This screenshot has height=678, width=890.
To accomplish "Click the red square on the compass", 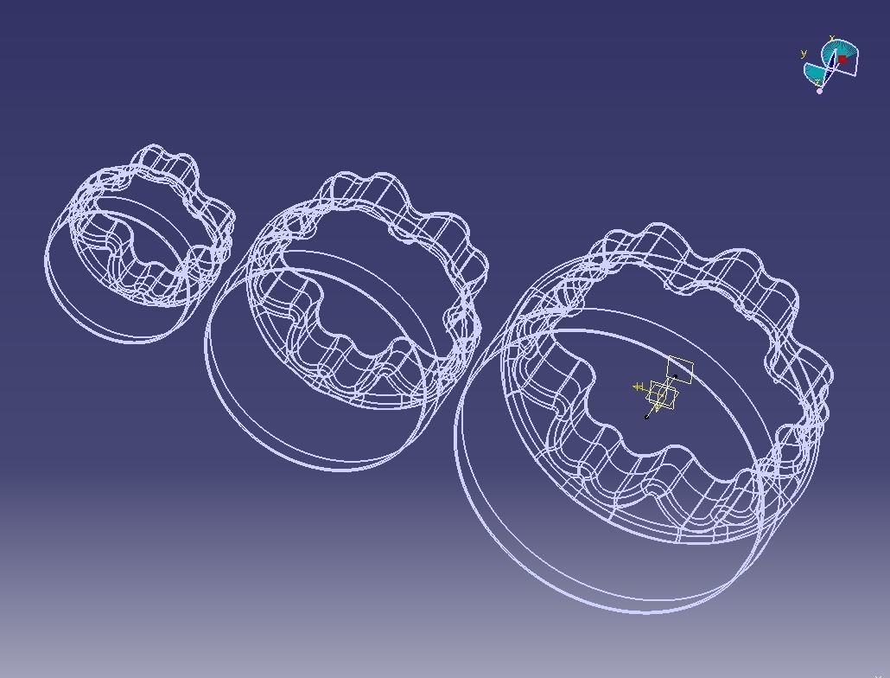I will point(842,60).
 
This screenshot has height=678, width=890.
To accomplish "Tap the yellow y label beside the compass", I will point(804,54).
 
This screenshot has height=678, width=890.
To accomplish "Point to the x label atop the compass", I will point(831,39).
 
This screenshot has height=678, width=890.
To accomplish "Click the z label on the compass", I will point(817,82).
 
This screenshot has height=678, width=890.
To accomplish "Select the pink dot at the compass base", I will point(820,91).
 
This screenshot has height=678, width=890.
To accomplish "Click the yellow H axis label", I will point(639,387).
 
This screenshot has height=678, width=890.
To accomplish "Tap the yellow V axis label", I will point(657,406).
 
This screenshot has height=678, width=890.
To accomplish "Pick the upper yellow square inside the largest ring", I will point(680,370).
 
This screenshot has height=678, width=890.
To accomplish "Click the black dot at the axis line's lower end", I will point(646,417).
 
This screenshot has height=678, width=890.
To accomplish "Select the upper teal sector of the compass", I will point(843,48).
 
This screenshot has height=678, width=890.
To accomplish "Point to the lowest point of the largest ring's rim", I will point(644,612).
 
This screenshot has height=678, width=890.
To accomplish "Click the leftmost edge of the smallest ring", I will point(44,259).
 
